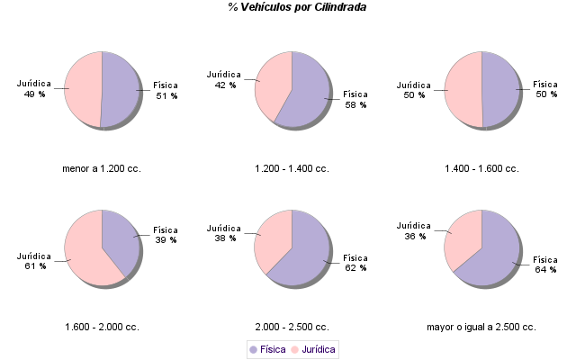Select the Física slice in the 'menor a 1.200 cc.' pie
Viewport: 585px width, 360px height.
click(x=121, y=89)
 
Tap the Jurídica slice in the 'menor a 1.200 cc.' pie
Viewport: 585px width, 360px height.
click(x=81, y=89)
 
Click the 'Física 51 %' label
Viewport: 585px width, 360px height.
click(x=166, y=90)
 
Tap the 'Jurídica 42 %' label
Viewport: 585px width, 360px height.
click(x=224, y=79)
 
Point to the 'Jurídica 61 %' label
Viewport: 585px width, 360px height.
click(x=34, y=261)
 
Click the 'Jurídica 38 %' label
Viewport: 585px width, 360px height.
click(x=224, y=233)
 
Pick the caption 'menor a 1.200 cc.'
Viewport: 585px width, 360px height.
click(x=102, y=168)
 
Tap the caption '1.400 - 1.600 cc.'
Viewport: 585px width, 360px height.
click(x=481, y=168)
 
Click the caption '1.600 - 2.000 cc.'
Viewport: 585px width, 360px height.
click(x=102, y=327)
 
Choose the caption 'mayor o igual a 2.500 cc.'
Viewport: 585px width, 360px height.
click(x=481, y=327)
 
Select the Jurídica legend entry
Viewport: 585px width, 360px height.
click(x=314, y=349)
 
